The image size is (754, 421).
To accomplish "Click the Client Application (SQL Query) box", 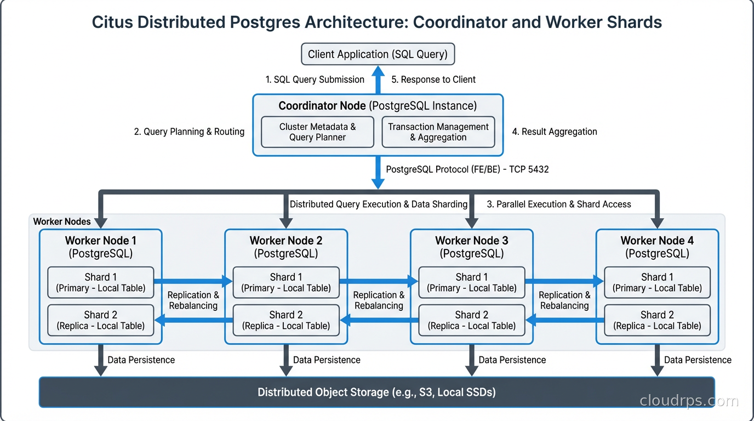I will [x=378, y=54].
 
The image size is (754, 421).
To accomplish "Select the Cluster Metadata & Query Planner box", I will [x=317, y=132].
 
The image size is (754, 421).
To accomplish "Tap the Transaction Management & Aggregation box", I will [x=438, y=132].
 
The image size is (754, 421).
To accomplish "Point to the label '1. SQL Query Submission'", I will [x=315, y=79].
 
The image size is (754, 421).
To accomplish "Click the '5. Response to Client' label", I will [x=433, y=79].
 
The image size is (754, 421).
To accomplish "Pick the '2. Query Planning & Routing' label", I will [x=189, y=132].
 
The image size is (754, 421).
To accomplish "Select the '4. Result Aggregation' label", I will [x=554, y=132].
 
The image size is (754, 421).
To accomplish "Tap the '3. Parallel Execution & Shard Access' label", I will [x=559, y=204].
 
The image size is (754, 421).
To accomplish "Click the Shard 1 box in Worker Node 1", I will [x=100, y=282].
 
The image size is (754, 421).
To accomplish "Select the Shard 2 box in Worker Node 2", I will [x=285, y=320].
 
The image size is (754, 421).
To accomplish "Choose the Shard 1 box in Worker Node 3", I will [x=471, y=282].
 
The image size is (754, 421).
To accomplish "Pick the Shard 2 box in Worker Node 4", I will [x=657, y=320].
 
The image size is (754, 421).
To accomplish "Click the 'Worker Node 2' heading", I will [x=285, y=241].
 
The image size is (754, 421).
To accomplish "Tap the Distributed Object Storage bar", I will [x=376, y=392].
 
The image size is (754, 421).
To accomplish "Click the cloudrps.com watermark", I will [x=689, y=401].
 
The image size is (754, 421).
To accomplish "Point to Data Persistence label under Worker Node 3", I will [x=512, y=360].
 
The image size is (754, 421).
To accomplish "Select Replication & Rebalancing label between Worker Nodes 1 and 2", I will [x=193, y=300].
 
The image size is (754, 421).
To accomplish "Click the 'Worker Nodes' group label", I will [x=62, y=221].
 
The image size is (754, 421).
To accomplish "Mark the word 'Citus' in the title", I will [x=112, y=22].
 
